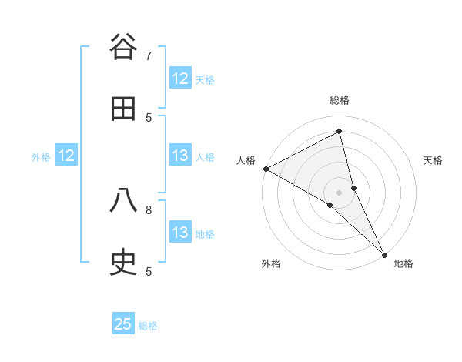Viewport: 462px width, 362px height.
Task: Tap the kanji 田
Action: [x=123, y=109]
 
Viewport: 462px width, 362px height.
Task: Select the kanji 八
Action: [x=123, y=200]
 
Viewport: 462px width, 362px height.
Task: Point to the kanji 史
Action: [x=123, y=263]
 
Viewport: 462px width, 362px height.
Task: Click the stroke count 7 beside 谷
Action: [x=149, y=55]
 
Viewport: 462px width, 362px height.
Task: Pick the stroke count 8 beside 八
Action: [x=149, y=209]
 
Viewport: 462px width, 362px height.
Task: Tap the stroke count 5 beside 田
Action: [x=149, y=117]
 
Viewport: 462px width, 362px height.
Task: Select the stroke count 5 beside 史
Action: [x=149, y=271]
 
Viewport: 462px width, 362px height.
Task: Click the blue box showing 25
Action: [x=123, y=324]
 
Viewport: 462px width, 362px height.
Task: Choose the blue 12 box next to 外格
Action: [x=66, y=156]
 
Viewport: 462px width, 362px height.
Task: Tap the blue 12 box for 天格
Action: [x=180, y=79]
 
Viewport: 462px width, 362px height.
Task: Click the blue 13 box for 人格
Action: [x=180, y=156]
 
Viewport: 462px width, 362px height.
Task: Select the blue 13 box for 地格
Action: [x=180, y=233]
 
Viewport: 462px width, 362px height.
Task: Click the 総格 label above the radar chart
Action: [x=340, y=100]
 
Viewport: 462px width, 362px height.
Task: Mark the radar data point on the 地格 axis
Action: [x=384, y=253]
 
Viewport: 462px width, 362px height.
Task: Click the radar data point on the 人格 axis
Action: [x=266, y=168]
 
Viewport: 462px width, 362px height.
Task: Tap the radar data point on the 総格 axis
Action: [x=340, y=132]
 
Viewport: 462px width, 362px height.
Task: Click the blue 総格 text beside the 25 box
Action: [x=149, y=326]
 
